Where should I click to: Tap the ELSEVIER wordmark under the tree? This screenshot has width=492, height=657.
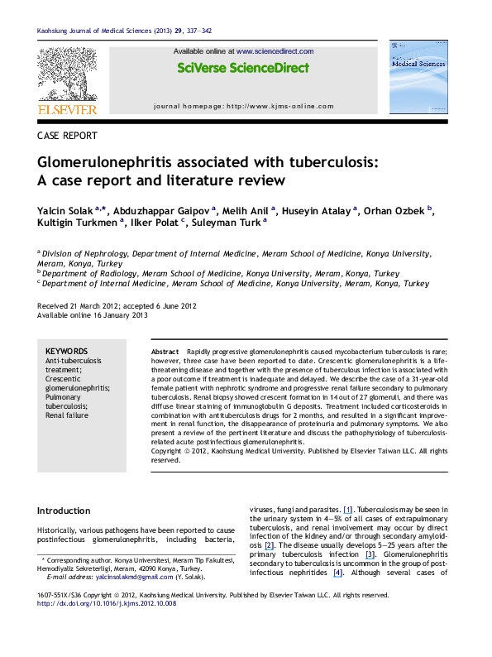[67, 108]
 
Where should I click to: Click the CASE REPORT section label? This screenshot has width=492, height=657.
[67, 135]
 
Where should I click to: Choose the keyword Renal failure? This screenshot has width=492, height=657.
[66, 415]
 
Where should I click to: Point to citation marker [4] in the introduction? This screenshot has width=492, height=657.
[337, 573]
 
